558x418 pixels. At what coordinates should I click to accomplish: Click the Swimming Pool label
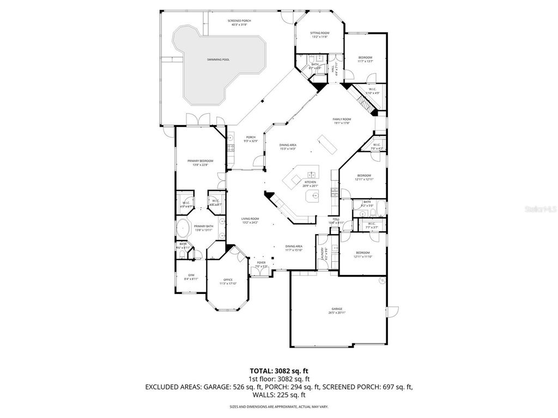(217, 59)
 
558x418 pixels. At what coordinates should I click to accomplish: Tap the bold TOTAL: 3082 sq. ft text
(278, 371)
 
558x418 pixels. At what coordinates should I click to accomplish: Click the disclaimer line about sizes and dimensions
(278, 407)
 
